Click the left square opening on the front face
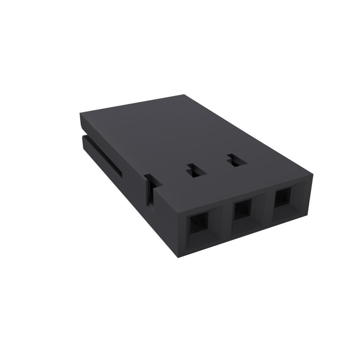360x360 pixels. coord(199,225)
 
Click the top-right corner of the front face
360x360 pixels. coord(313,173)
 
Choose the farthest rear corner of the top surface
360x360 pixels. coord(185,95)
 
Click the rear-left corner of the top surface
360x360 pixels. coord(80,113)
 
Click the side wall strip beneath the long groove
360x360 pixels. coord(105,169)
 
